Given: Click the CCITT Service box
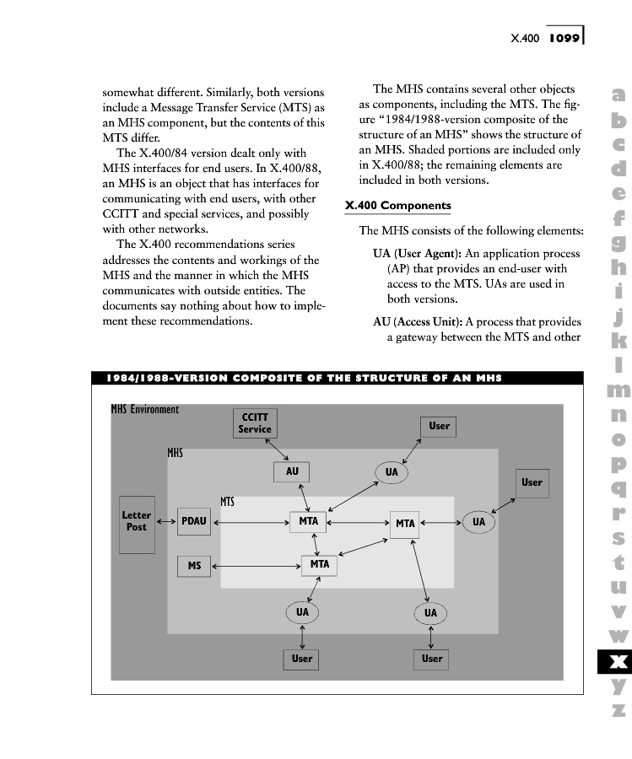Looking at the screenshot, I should (255, 423).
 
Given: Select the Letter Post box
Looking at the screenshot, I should (137, 522).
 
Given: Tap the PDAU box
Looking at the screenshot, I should (194, 522).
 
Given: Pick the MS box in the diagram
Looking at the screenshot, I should (194, 566).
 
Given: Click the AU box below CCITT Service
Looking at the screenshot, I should (292, 472).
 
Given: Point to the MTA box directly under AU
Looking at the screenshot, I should (308, 522).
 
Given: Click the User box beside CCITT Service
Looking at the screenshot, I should (439, 427).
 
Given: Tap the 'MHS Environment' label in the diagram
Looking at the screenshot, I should (145, 410).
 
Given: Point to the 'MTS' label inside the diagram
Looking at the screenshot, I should (227, 503).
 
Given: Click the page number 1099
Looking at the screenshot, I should (560, 38).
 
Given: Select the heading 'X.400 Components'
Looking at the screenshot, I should (398, 207).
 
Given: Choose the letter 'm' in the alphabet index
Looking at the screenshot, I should (618, 390).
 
